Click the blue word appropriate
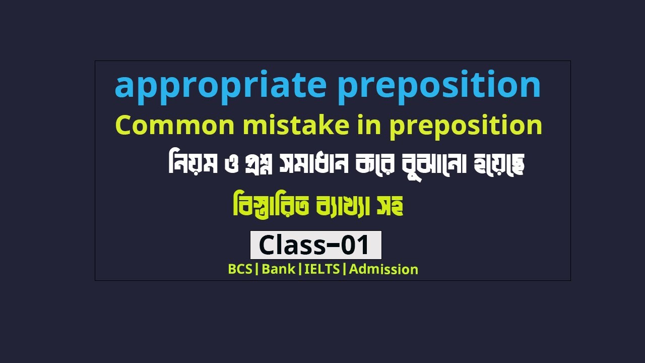coord(220,86)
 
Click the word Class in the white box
coord(292,246)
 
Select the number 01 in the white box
coord(355,246)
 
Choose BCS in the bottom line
coord(240,269)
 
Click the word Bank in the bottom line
coord(278,269)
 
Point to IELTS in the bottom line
coord(322,269)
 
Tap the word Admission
coord(383,269)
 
